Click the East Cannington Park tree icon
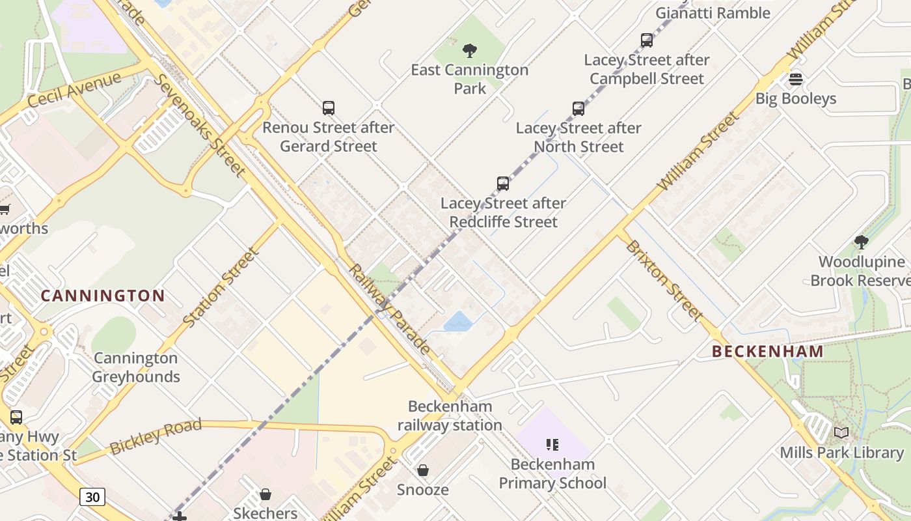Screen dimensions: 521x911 tap(469, 51)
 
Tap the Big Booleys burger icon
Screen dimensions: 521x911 tap(795, 79)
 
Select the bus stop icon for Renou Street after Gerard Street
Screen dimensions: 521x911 tap(329, 108)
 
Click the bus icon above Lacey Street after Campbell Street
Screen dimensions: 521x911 tap(646, 40)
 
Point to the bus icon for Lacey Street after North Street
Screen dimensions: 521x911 tap(578, 109)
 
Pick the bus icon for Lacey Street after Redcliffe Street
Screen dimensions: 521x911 tap(503, 184)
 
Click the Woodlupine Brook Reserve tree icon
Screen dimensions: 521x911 tap(862, 243)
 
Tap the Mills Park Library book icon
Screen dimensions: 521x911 tap(841, 433)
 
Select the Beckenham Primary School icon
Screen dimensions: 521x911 tap(552, 445)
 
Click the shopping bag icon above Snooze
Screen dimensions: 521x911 tap(423, 470)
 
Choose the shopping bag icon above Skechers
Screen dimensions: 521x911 tap(265, 494)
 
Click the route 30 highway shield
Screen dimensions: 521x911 tap(92, 497)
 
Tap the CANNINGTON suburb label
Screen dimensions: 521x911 tap(103, 296)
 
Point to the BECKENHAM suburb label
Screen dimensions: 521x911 tap(768, 352)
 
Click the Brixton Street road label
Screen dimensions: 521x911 tap(664, 280)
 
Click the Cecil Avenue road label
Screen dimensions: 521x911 tap(74, 90)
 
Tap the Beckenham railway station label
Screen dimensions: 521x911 tap(450, 415)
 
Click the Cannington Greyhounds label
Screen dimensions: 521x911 tap(135, 367)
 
